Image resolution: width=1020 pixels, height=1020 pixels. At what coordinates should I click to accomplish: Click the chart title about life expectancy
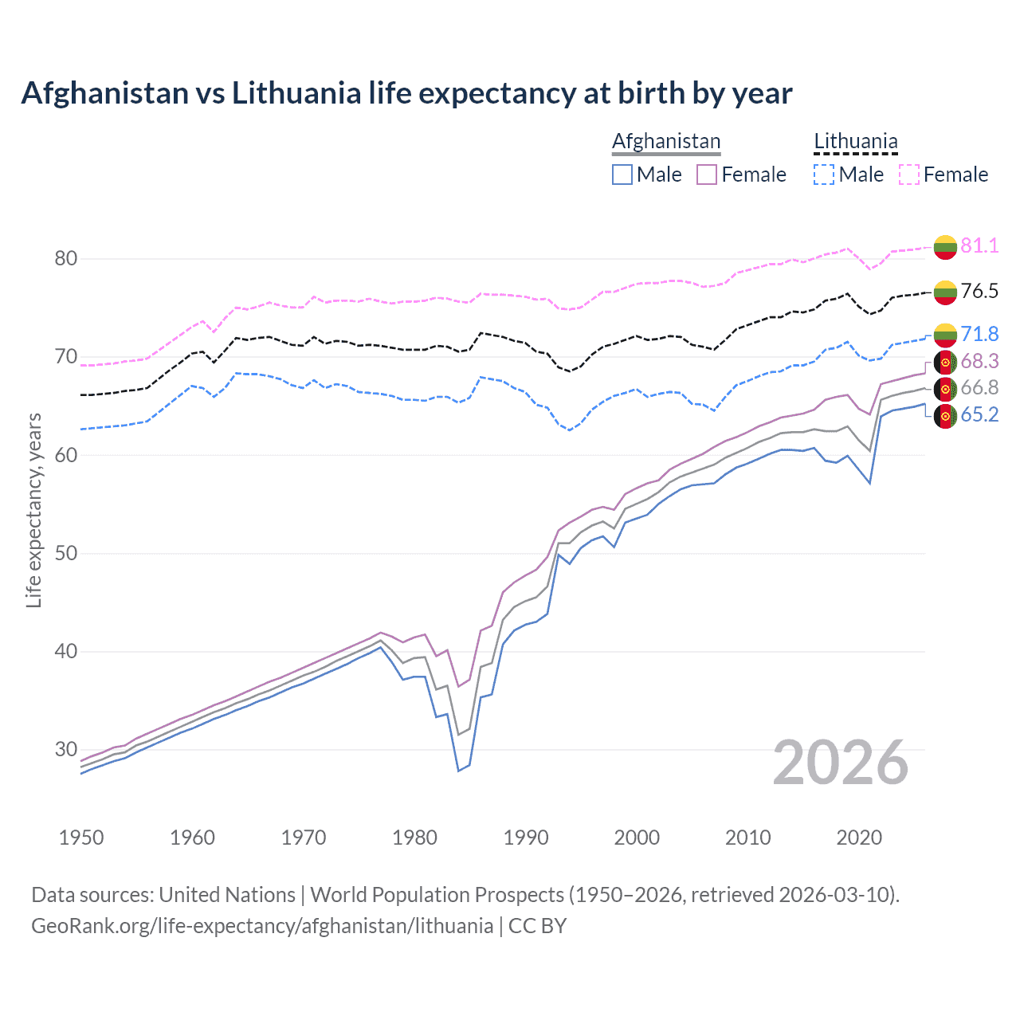coord(406,93)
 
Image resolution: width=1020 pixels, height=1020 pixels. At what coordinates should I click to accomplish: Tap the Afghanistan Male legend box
coord(622,175)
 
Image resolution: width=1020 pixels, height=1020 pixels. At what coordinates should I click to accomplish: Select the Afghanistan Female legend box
coord(707,175)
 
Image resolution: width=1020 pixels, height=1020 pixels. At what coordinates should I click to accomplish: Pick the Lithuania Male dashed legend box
coord(824,175)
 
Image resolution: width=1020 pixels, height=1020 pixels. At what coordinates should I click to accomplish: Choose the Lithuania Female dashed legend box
coord(909,175)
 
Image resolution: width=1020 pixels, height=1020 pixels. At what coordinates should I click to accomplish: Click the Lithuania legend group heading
coord(855,142)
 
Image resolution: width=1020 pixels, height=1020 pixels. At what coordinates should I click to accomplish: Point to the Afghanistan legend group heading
coord(666,142)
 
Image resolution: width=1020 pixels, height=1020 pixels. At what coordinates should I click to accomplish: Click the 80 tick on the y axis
coord(66,258)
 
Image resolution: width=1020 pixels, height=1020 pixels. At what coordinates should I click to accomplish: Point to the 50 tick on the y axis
coord(66,553)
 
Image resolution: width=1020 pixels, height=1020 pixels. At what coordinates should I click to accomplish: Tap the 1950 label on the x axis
coord(81,838)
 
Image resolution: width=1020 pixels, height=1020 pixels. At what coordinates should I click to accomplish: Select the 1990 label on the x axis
coord(526,838)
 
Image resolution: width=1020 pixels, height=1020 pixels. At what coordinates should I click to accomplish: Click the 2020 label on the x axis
coord(859,838)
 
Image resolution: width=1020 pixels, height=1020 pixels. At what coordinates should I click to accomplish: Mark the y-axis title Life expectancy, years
coord(33,510)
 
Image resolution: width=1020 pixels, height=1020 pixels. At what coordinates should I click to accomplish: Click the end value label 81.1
coord(979,245)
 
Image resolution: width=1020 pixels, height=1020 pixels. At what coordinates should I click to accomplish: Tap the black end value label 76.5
coord(979,291)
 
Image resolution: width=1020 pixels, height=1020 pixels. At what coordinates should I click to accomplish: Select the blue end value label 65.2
coord(979,414)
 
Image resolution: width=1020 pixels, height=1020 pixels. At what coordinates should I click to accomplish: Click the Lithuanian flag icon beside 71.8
coord(945,335)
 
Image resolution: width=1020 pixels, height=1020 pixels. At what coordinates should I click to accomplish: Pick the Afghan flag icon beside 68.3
coord(945,362)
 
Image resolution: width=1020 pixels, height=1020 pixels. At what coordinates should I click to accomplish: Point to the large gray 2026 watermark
coord(841,763)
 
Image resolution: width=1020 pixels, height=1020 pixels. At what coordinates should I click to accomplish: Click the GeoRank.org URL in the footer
coord(262,926)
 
